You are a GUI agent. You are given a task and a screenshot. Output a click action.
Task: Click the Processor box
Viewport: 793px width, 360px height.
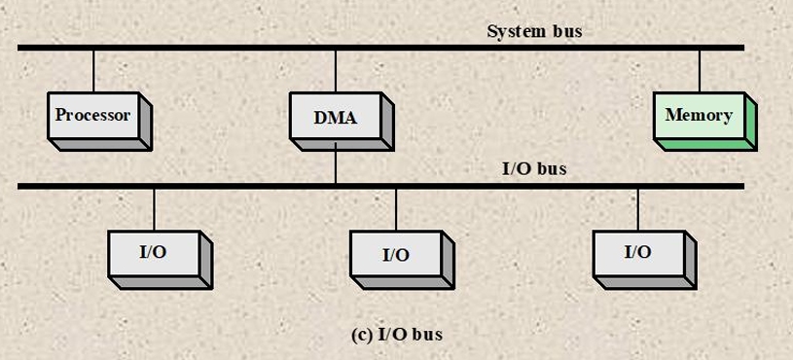99,122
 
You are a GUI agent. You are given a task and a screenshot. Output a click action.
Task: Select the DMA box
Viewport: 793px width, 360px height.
342,122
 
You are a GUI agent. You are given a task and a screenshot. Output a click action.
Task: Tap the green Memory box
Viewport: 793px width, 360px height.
705,122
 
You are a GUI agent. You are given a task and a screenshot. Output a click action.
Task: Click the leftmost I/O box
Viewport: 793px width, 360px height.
161,260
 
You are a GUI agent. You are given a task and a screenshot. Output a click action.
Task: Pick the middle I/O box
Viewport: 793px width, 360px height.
402,260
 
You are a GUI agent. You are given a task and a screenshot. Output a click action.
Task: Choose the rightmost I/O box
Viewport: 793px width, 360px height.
644,260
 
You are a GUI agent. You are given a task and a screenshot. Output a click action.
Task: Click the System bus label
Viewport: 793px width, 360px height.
534,31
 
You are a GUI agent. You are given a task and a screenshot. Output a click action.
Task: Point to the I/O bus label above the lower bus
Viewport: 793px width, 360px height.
534,169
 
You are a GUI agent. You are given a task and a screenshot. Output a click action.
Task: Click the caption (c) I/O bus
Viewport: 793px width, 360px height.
397,335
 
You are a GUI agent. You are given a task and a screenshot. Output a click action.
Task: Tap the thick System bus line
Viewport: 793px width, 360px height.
380,48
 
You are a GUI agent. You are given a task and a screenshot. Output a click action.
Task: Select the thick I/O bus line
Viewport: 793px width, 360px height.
380,186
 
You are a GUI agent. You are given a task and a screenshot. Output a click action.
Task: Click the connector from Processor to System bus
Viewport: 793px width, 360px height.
93,71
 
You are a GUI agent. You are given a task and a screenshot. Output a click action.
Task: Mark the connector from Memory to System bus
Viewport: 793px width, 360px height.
700,71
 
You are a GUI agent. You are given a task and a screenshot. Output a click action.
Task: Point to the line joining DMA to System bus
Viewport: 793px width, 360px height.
336,71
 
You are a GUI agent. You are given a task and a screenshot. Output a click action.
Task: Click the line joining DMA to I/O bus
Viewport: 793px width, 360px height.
336,166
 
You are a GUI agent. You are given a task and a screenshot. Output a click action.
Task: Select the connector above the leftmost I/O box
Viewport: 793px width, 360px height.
155,210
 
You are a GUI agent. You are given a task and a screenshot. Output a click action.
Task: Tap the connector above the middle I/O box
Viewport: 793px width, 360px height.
396,210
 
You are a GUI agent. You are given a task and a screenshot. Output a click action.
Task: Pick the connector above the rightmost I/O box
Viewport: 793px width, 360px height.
637,210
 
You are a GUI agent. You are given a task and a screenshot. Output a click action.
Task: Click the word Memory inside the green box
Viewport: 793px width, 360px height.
699,115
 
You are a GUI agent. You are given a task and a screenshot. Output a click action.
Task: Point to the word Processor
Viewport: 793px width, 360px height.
92,115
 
